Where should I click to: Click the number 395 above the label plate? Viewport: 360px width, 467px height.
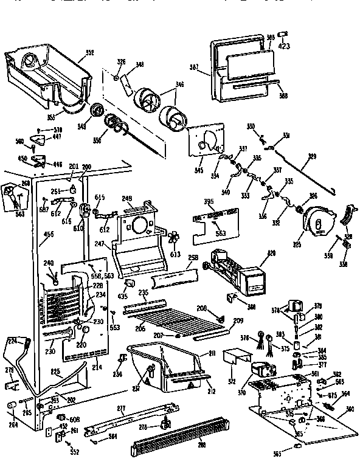coord(208,201)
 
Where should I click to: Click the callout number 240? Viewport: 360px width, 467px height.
coord(48,263)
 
